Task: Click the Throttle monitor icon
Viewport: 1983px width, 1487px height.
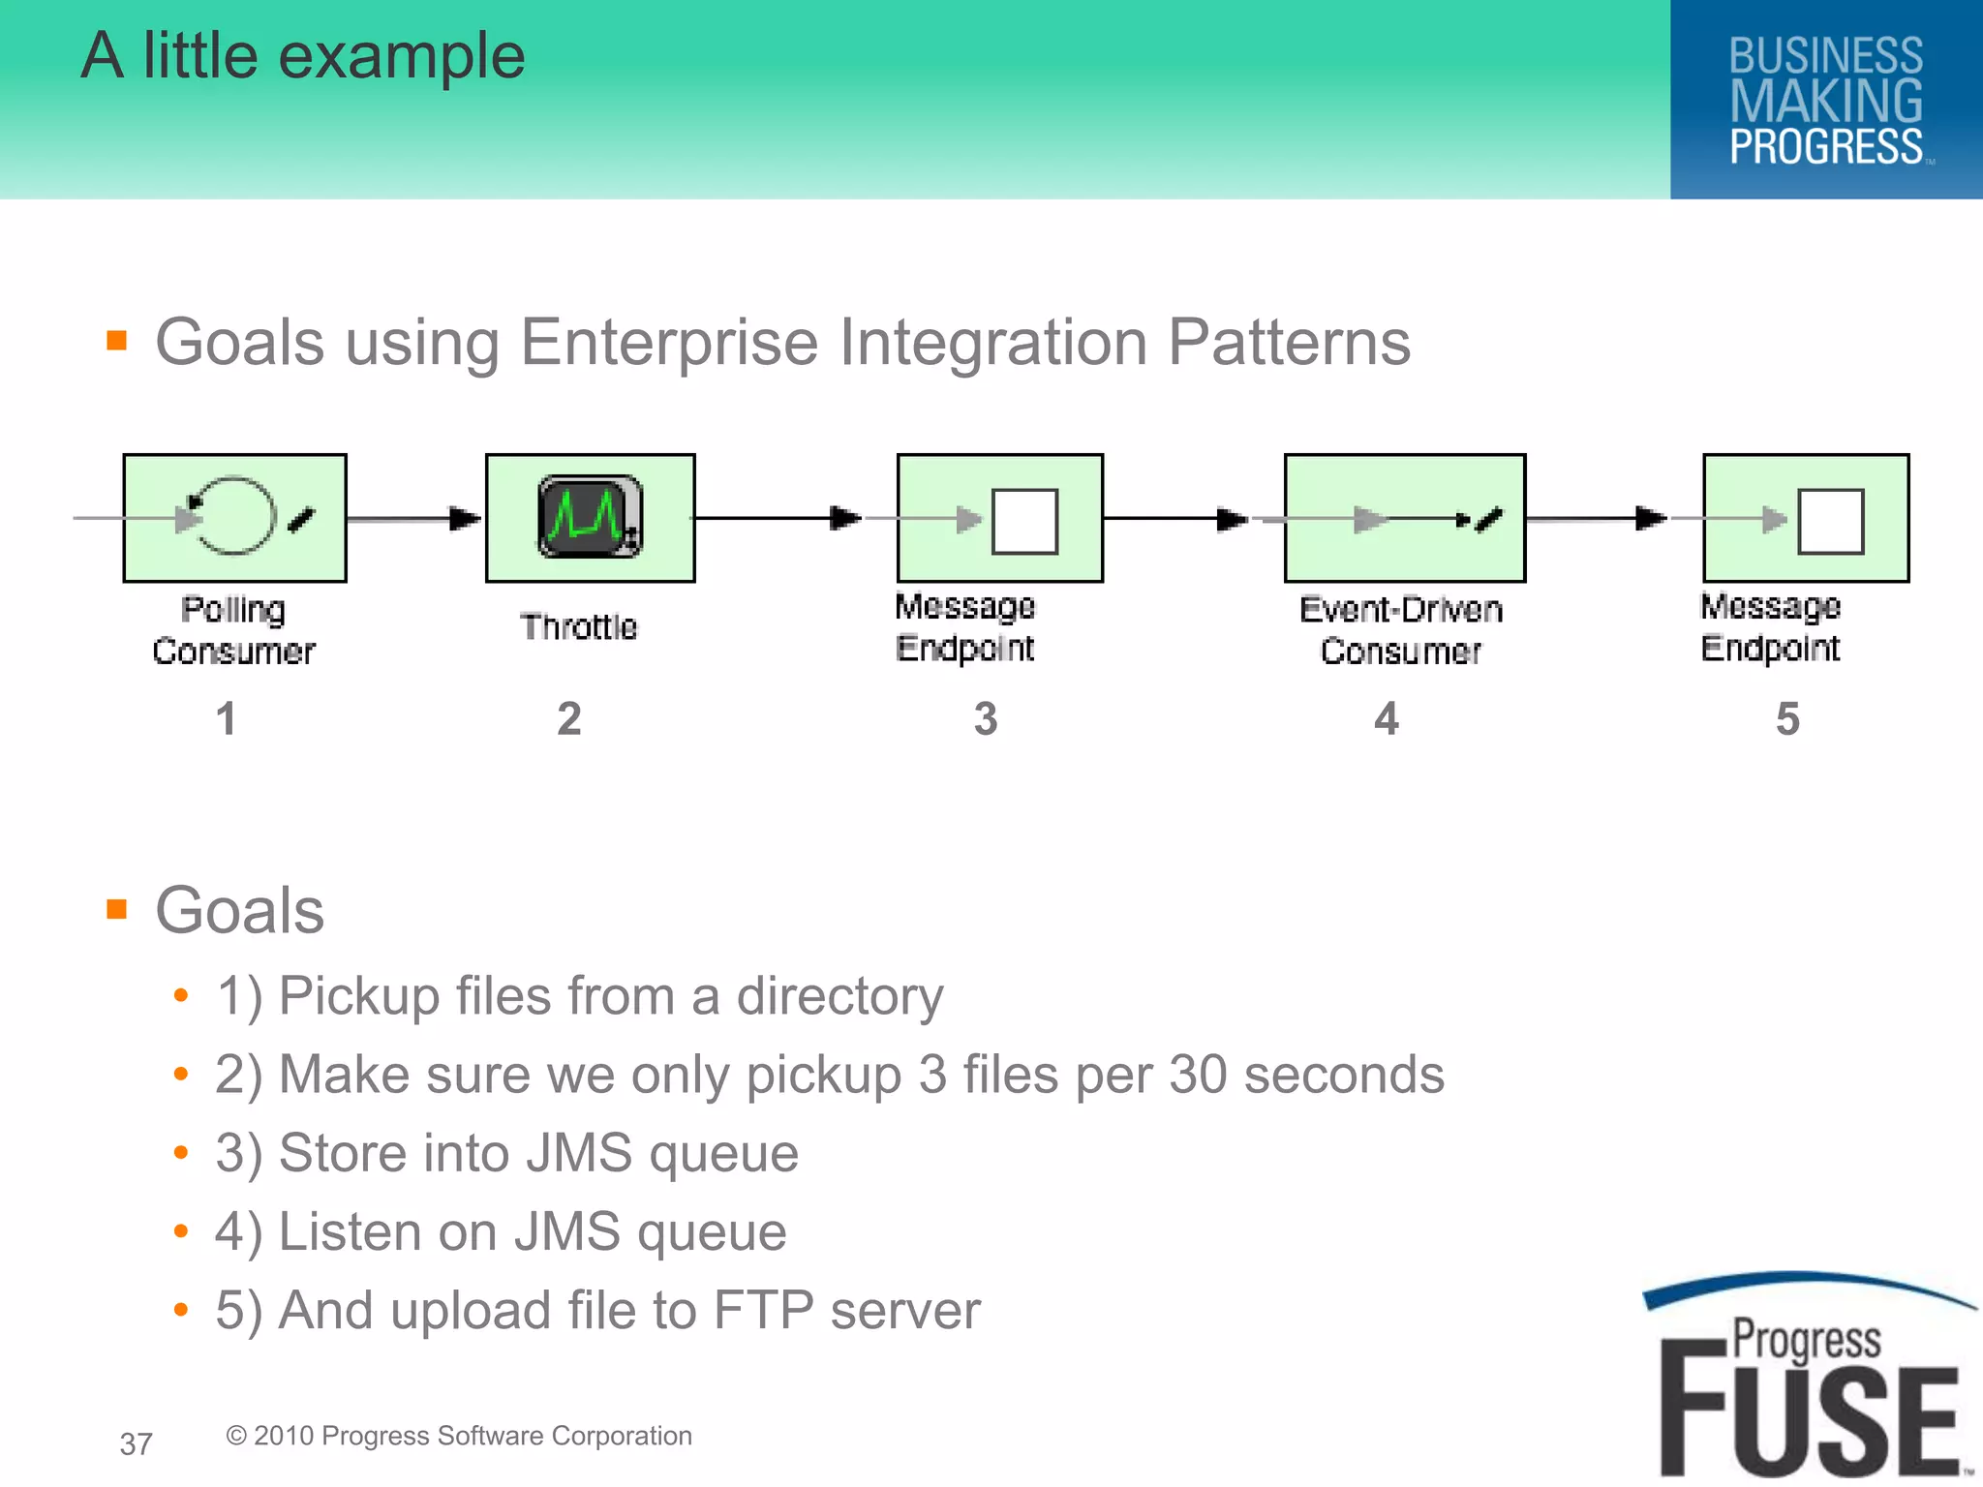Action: (589, 517)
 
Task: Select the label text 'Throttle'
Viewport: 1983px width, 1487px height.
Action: (579, 626)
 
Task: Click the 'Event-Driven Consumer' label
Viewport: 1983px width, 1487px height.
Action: (1400, 629)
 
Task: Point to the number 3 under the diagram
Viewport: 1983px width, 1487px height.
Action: (986, 719)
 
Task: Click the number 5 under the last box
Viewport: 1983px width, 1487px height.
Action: (1787, 719)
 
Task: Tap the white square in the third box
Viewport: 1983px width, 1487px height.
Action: (1024, 521)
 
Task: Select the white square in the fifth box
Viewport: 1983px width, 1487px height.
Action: (1830, 521)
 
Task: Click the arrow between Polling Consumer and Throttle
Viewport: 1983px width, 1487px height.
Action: (414, 519)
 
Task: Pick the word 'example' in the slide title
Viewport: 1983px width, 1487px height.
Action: (401, 56)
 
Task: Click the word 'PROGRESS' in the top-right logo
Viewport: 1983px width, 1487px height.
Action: (1826, 147)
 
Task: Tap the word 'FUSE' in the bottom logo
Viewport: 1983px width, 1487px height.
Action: (1809, 1419)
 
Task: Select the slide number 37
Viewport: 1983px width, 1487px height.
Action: (136, 1443)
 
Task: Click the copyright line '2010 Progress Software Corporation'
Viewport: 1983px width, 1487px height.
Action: (459, 1436)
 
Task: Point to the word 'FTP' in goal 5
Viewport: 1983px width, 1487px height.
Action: (763, 1310)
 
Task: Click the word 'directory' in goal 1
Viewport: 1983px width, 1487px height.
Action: (839, 997)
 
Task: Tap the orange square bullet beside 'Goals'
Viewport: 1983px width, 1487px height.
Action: (117, 909)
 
